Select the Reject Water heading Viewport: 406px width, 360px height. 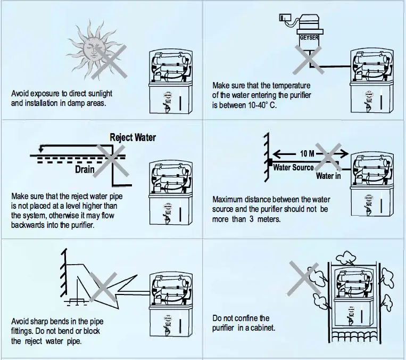(132, 137)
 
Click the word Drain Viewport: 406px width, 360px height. (85, 169)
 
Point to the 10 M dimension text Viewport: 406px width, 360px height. (307, 154)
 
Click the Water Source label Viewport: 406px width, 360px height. (293, 167)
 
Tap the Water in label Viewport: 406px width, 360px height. (328, 176)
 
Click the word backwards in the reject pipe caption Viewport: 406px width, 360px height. (28, 225)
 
